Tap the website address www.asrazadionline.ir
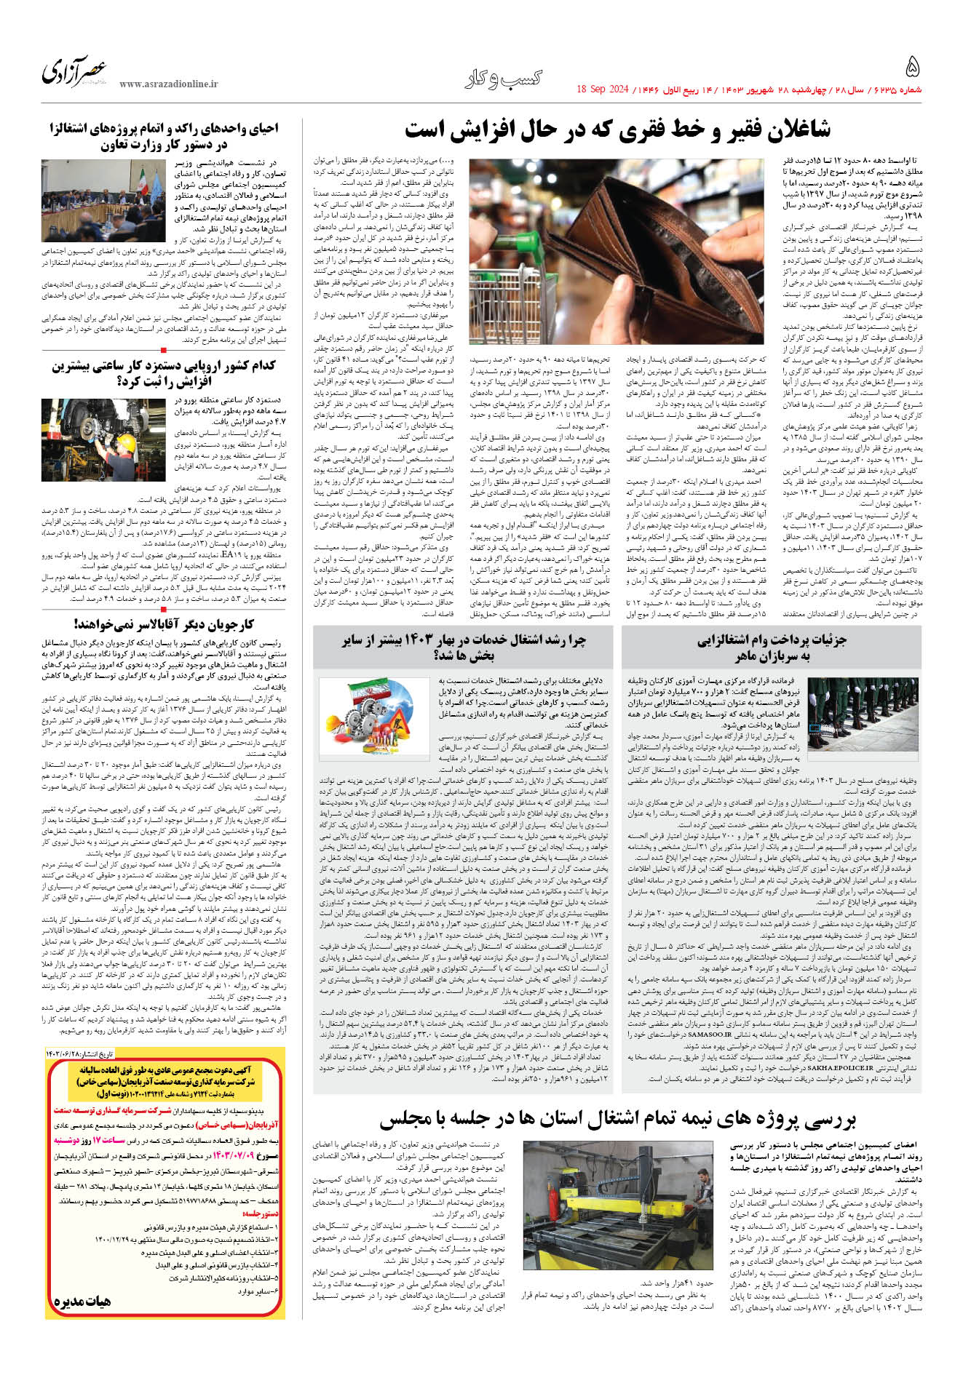pos(169,84)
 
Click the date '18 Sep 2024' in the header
pos(602,89)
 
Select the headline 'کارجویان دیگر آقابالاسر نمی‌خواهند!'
pos(164,623)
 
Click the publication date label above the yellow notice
pos(255,1053)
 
